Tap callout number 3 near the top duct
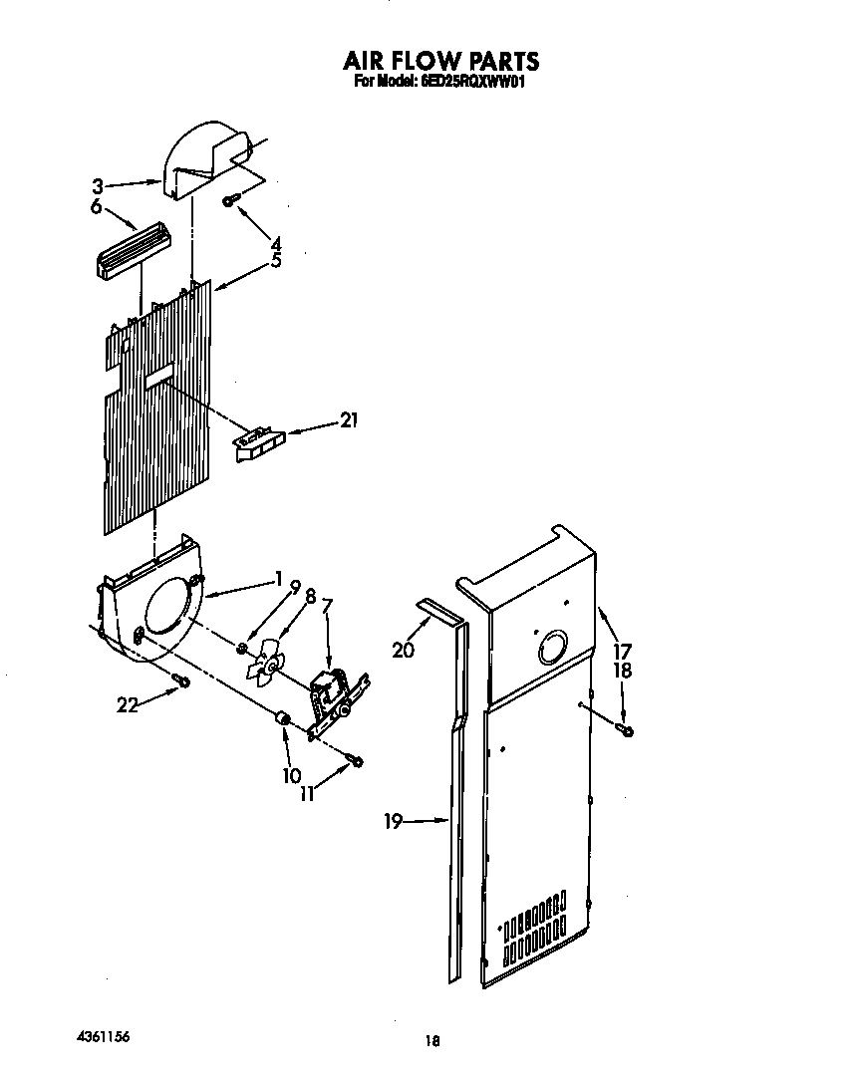tap(98, 184)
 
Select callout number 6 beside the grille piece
tap(97, 206)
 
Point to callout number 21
tap(348, 420)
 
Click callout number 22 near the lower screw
tap(127, 705)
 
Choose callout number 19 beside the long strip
tap(393, 821)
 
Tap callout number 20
tap(403, 650)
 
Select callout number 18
tap(622, 671)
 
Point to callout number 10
tap(291, 774)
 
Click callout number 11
tap(309, 794)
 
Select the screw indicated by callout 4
tap(229, 201)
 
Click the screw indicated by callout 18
tap(626, 732)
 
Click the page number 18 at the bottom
tap(431, 1041)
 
